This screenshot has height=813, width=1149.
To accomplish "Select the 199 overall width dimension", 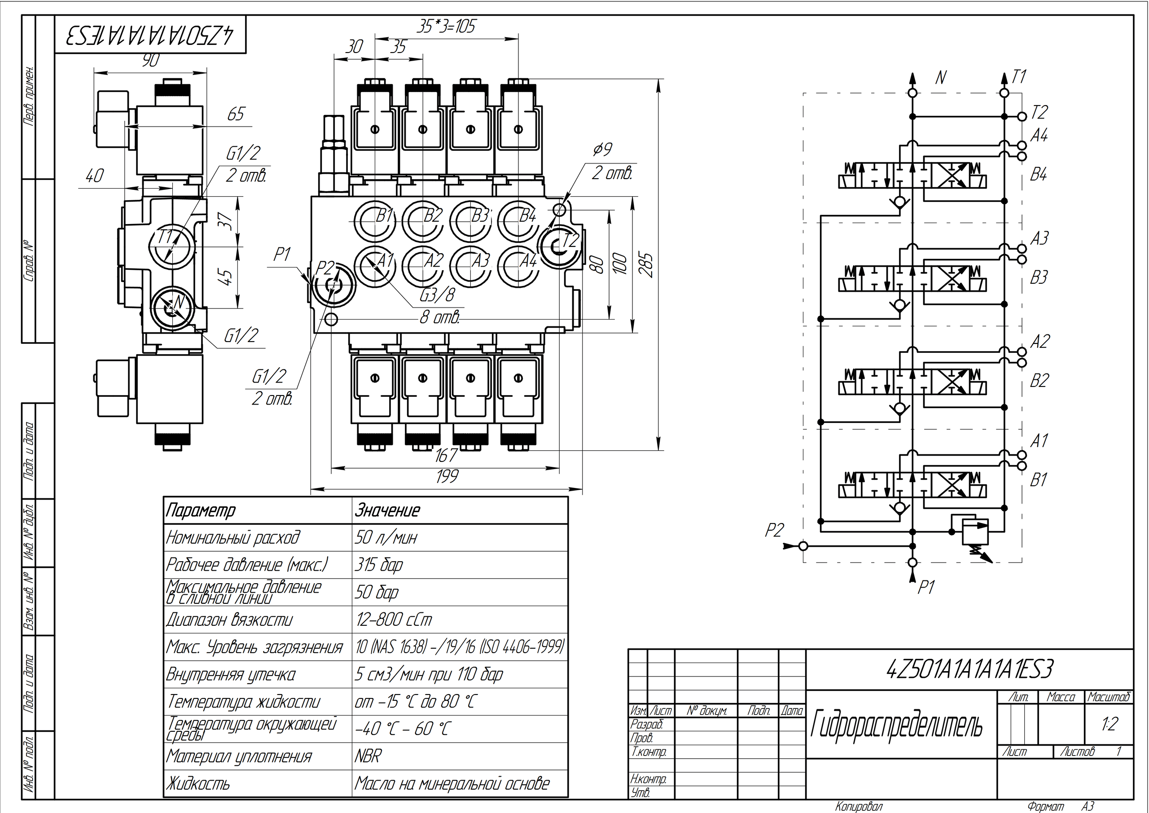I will [447, 476].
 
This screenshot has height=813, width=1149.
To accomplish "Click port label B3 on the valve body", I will [480, 216].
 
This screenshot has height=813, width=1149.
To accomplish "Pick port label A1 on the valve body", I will [384, 260].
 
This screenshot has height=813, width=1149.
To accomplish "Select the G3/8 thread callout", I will [437, 295].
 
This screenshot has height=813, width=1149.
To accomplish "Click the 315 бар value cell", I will [379, 565].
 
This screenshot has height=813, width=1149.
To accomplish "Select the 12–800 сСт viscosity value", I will [394, 620].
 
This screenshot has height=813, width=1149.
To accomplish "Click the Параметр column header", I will [200, 510].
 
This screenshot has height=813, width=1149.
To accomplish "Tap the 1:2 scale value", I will [1110, 725].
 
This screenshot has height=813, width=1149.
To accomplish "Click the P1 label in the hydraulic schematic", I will [926, 587].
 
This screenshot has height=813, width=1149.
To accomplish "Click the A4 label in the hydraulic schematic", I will [1039, 135].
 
